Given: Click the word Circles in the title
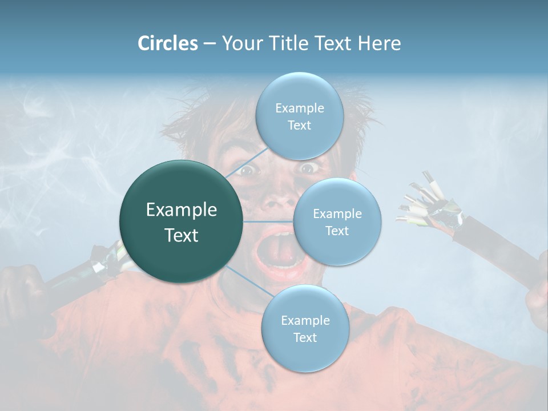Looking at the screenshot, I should coord(167,43).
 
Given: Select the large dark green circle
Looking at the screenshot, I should coord(182,221).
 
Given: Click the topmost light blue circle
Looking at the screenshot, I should coord(299,116).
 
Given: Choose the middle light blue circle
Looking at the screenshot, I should coord(337,221).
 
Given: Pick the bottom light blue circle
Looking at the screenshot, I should coord(305,328).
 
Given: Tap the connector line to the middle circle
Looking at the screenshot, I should coord(268,221).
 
